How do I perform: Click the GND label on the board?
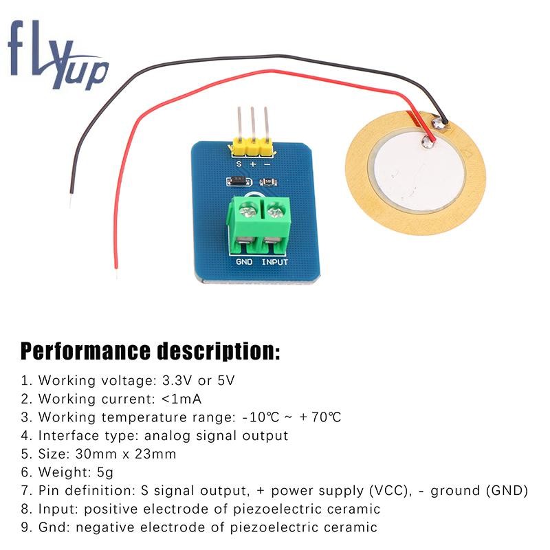pos(244,262)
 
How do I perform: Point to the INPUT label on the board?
pos(275,262)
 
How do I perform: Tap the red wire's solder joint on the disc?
pos(430,143)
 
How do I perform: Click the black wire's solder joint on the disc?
pos(437,124)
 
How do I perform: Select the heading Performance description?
pos(150,351)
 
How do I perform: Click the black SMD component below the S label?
pos(236,182)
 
